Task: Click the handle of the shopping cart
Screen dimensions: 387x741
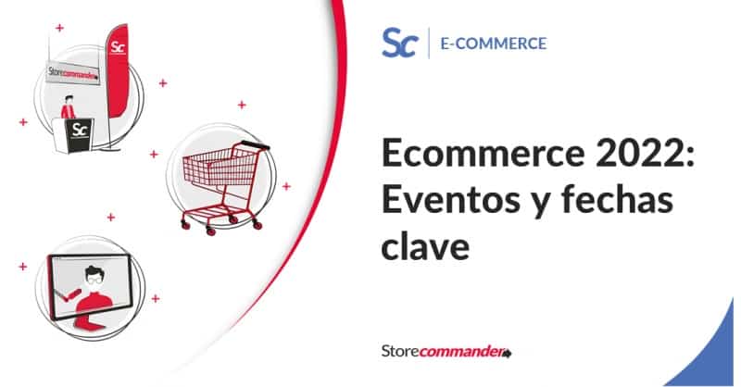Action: pos(246,147)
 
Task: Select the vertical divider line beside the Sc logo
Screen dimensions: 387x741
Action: pos(429,43)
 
